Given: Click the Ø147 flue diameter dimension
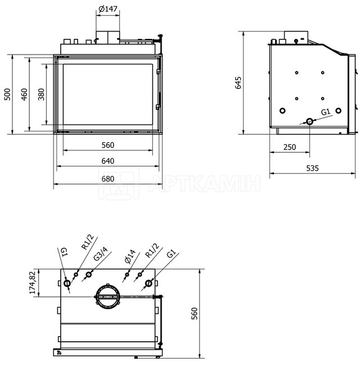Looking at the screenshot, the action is pyautogui.click(x=108, y=9).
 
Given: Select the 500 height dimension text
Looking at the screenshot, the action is pyautogui.click(x=7, y=94).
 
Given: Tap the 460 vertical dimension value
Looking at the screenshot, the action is pyautogui.click(x=24, y=94).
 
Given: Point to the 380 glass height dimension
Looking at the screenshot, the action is pyautogui.click(x=41, y=94).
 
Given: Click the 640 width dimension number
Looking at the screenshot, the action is pyautogui.click(x=108, y=161).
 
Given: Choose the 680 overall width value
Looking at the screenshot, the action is pyautogui.click(x=108, y=179).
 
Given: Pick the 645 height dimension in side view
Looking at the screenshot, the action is pyautogui.click(x=238, y=83).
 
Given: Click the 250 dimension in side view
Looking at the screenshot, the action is pyautogui.click(x=290, y=147).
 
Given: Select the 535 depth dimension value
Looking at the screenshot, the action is pyautogui.click(x=312, y=168).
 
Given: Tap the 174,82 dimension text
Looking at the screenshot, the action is pyautogui.click(x=33, y=282).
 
